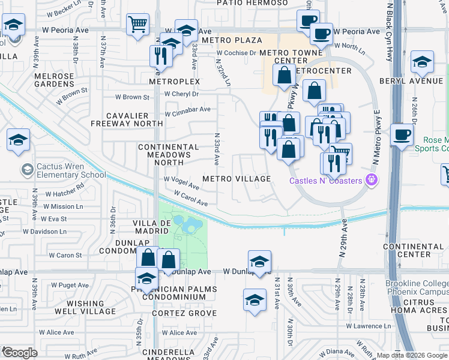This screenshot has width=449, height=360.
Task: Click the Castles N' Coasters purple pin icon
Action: pos(372,179)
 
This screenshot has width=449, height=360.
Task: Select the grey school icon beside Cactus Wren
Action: pos(26,170)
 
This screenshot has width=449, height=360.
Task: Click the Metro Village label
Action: pos(236,179)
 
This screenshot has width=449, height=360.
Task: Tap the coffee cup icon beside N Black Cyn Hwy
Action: pos(402,135)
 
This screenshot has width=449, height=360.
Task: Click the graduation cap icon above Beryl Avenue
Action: pos(422,62)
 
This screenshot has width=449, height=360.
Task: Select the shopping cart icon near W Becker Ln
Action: pos(137,25)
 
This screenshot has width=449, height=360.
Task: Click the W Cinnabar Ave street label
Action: pos(188,109)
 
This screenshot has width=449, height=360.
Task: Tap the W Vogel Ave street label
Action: pos(182,179)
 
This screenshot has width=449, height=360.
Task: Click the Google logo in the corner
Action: pos(20,353)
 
